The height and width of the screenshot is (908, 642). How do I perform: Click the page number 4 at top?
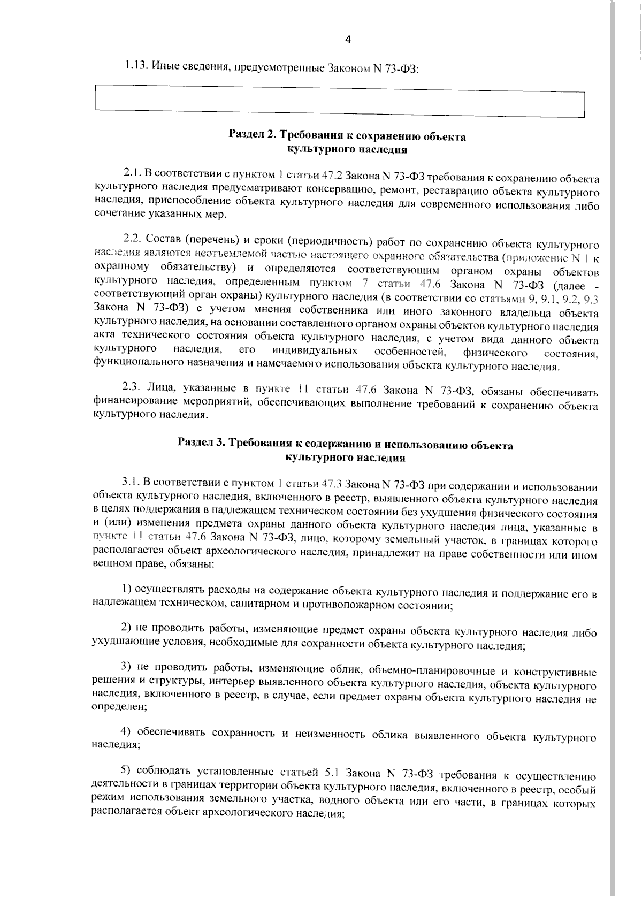348,39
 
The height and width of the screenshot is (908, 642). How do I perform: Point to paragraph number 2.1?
131,174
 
